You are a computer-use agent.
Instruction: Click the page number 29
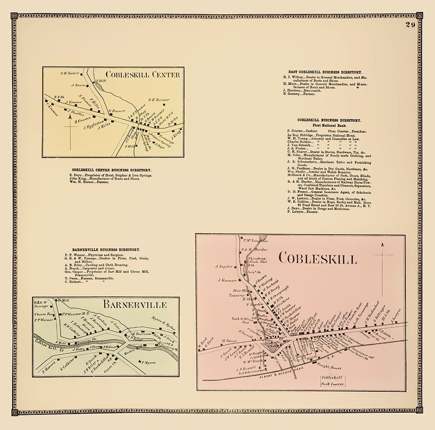tap(411, 25)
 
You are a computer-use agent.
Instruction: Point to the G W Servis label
tap(69, 74)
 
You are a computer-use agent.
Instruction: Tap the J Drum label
tap(78, 85)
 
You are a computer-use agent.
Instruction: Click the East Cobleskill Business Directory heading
tap(325, 72)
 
